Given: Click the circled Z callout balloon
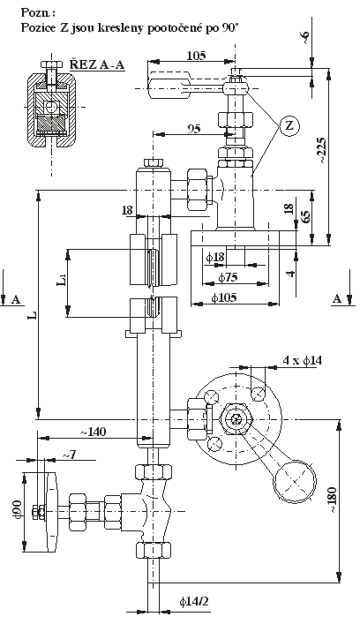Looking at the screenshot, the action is pos(289,126).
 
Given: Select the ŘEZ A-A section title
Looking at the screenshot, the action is pos(97,64).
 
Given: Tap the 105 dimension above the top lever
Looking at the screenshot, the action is pos(196,56).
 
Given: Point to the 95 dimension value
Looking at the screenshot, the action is pos(194,129).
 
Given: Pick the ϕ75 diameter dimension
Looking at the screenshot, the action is pos(228,277).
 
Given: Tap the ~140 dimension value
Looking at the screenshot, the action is pos(94,432).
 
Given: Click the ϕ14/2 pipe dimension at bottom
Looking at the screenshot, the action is pos(194,601).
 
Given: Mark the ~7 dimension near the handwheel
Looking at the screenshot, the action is pos(69,455).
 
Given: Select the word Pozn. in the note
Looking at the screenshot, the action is pos(38,12).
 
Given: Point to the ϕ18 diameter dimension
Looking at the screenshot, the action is pos(215,257).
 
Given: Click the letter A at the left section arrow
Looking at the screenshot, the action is pos(16,300).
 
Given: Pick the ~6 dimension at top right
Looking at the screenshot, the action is pos(305,38).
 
